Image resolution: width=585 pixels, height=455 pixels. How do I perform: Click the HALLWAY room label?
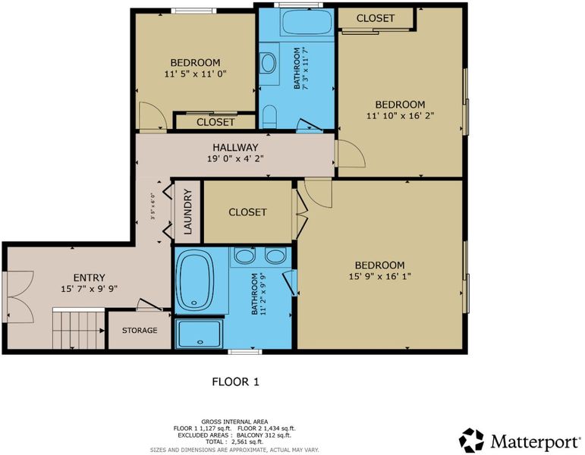[x=235, y=147]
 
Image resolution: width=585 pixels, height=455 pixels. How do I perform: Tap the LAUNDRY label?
[x=187, y=212]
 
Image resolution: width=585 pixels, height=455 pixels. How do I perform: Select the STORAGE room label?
[x=140, y=330]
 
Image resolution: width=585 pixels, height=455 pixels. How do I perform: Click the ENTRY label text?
[x=90, y=278]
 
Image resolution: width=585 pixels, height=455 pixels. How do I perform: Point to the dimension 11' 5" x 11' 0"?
[x=196, y=74]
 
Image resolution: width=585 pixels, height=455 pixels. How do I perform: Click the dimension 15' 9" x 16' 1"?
[x=380, y=276]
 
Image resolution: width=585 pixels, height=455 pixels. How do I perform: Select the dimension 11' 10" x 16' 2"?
[x=400, y=115]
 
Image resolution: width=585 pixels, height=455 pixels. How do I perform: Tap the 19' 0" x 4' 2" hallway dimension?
[x=235, y=158]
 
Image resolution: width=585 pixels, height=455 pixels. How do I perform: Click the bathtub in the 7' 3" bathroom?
[x=307, y=23]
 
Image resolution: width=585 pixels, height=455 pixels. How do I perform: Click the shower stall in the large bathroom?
[x=200, y=333]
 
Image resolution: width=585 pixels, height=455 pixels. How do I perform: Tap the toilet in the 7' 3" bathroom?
[x=269, y=115]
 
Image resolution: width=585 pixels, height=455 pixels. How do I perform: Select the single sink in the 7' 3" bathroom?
[x=269, y=63]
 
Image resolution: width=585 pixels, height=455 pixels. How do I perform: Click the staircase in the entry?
[x=79, y=328]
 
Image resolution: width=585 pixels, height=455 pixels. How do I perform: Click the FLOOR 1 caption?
[x=235, y=381]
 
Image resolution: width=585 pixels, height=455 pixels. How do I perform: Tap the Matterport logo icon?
[x=471, y=441]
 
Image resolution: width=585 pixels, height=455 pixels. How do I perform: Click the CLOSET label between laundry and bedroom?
[x=247, y=212]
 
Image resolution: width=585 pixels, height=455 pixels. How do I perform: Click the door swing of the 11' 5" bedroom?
[x=153, y=115]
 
